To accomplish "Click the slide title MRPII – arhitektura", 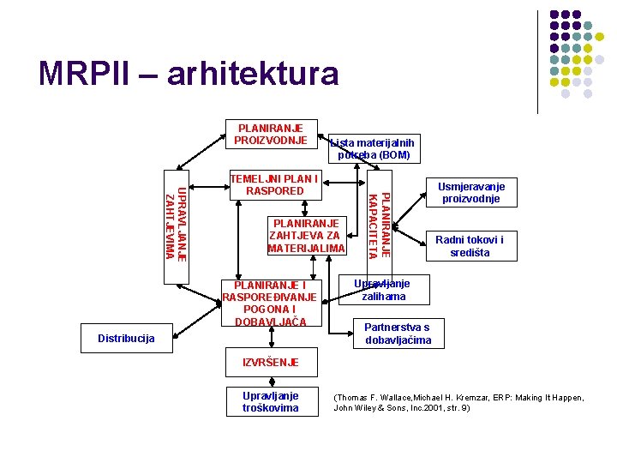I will [189, 74].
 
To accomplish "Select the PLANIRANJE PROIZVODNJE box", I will [271, 134].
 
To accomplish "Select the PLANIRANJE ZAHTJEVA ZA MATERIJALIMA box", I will [306, 235].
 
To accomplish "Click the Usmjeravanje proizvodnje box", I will [471, 193].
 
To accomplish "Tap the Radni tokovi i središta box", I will [470, 246].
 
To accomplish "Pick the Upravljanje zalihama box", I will [382, 290].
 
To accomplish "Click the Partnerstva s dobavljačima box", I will [398, 334].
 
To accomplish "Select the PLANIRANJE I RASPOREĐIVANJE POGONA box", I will [269, 303].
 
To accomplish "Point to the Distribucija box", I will [127, 339].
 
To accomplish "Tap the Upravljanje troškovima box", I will [271, 402].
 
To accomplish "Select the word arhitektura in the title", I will [254, 74].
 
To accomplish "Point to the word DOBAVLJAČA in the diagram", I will [269, 321].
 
